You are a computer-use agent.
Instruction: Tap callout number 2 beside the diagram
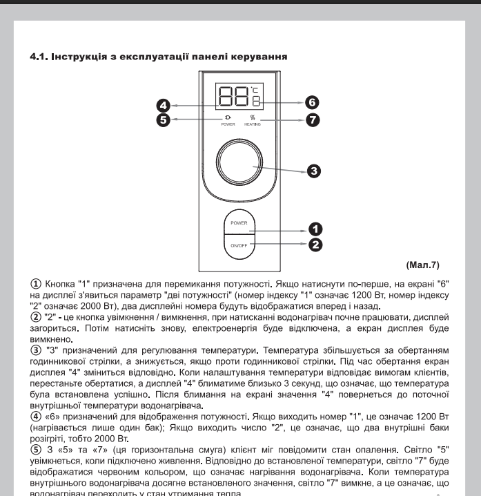[315, 244]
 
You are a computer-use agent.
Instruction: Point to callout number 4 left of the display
[162, 106]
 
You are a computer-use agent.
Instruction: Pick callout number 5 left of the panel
[162, 119]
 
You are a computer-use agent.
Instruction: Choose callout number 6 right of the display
[312, 102]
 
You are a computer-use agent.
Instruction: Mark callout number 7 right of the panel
[312, 119]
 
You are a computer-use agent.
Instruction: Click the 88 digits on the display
[231, 96]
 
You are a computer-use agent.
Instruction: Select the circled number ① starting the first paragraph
[36, 283]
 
